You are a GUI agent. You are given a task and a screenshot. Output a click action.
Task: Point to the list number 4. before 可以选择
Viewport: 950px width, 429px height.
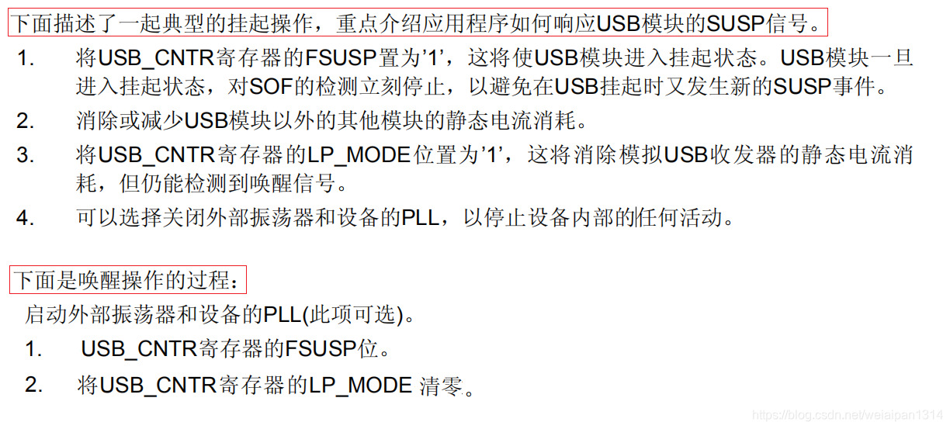[x=26, y=218]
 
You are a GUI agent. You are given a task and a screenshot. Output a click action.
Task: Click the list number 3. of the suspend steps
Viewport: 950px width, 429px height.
[x=26, y=154]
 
